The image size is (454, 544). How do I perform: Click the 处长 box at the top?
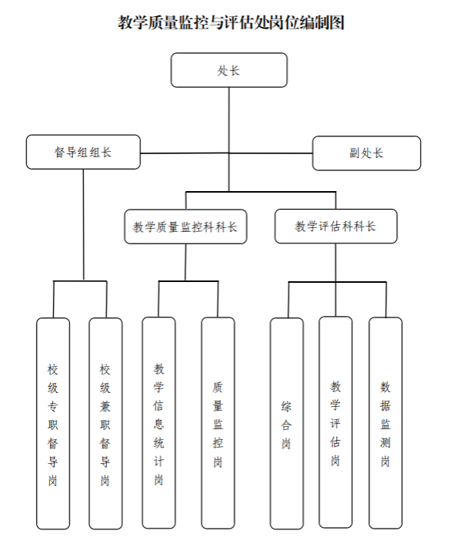[229, 70]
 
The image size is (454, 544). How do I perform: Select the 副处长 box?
[367, 153]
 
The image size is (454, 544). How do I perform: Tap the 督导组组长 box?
[83, 152]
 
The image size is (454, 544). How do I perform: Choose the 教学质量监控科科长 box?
[185, 227]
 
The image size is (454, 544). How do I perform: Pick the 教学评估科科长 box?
[335, 227]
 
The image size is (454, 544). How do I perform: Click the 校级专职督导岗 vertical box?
[53, 423]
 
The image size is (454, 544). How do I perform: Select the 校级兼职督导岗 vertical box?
[105, 423]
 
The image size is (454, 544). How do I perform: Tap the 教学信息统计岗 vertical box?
[159, 422]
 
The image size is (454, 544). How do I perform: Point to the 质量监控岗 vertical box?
[218, 423]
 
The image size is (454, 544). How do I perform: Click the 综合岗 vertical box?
[286, 423]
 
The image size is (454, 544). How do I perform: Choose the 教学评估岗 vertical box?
[335, 422]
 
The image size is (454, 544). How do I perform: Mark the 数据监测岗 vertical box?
[386, 423]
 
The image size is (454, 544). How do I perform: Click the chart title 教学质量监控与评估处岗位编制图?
[231, 23]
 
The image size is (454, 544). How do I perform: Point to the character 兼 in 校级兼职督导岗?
[105, 406]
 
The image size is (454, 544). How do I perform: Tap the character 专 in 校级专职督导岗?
[52, 406]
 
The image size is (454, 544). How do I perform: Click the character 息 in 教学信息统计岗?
[159, 424]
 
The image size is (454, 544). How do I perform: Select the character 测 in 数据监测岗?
[386, 443]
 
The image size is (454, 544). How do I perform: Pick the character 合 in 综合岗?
[286, 425]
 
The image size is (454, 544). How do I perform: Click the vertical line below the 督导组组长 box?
[83, 224]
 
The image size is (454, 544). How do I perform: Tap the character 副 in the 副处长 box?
[355, 153]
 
